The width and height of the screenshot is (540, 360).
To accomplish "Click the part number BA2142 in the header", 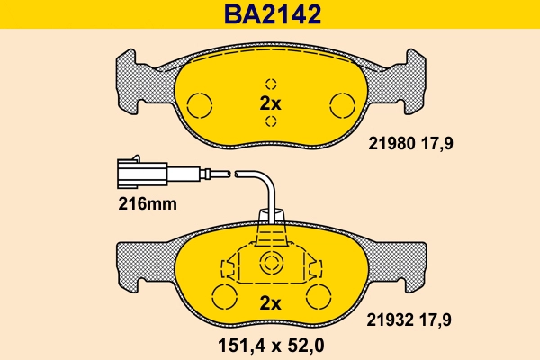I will (270, 14).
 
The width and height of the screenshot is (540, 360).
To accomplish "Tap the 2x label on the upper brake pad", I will (270, 103).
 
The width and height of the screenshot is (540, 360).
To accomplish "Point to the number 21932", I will (392, 316).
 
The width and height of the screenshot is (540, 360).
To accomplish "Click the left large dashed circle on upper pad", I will (201, 105).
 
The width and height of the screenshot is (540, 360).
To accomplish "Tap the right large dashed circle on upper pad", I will (341, 105).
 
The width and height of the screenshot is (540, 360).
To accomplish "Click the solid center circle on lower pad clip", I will (271, 264).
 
